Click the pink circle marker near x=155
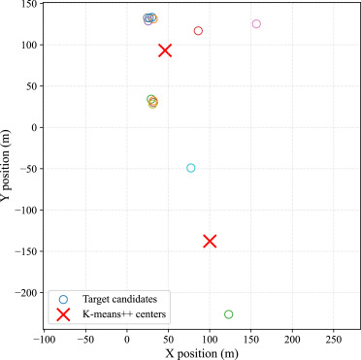256,24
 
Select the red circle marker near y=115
198,31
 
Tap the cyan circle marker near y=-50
191,168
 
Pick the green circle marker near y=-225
229,314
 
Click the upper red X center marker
165,50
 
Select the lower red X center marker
210,241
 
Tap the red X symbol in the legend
63,314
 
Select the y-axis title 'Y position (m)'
8,167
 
